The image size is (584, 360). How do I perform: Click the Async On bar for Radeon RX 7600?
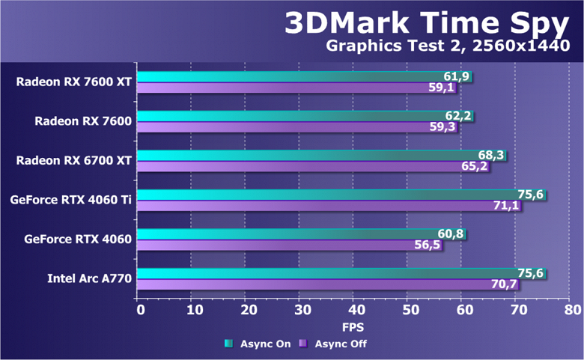[299, 116]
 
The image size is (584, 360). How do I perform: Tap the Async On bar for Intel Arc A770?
[337, 273]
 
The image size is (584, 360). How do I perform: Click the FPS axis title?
[353, 327]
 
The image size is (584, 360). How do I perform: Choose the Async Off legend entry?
[332, 344]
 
